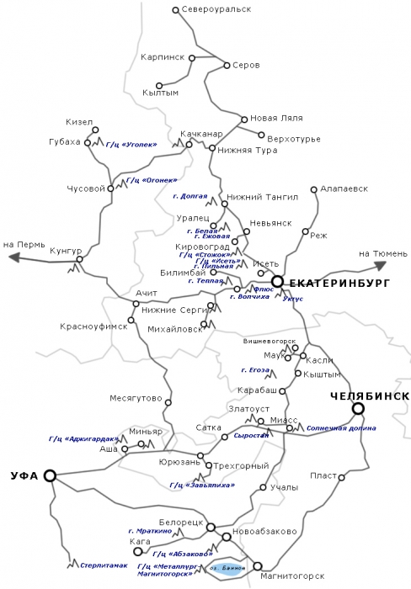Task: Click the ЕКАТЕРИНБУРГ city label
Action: click(335, 283)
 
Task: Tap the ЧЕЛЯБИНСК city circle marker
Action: click(359, 409)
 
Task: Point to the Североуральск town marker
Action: click(174, 11)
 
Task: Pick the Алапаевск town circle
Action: click(313, 189)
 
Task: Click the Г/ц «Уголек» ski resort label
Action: click(131, 145)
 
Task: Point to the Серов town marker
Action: click(226, 65)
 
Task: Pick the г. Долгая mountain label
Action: click(189, 196)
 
